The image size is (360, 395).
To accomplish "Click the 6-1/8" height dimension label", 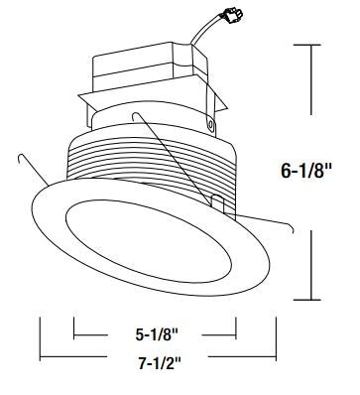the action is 305,171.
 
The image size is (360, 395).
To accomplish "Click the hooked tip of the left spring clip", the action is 20,157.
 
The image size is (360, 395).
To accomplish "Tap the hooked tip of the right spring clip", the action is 291,227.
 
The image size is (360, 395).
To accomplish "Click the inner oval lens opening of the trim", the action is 149,241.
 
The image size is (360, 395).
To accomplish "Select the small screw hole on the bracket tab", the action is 210,124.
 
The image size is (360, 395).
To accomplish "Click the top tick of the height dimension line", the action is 307,45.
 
